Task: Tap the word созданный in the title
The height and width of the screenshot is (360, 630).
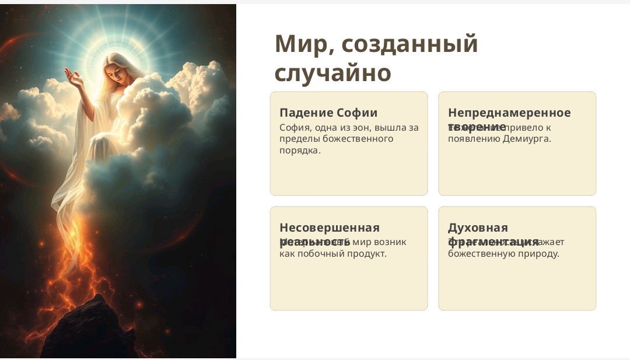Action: (409, 44)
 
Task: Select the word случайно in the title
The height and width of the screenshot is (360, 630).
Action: (332, 73)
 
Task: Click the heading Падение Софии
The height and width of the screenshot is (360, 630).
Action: (328, 113)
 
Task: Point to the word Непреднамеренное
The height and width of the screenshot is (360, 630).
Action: (509, 113)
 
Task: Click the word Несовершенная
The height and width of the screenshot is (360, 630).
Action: (330, 228)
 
